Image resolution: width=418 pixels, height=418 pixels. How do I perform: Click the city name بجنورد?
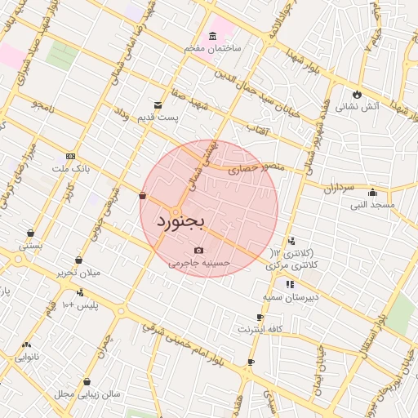tap(193, 220)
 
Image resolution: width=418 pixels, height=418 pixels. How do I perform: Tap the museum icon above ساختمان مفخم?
tap(212, 36)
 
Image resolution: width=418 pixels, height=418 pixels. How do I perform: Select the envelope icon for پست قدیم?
tap(158, 104)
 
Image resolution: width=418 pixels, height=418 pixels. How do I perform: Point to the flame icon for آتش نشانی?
tap(357, 93)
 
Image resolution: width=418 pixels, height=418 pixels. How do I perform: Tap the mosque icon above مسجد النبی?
tap(373, 193)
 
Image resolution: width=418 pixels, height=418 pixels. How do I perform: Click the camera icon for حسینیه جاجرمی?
tap(199, 250)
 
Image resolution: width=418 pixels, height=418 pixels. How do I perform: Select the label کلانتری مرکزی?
tap(290, 266)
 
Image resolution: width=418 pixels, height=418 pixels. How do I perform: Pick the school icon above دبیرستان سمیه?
tap(290, 284)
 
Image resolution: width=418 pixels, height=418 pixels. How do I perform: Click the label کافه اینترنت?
tap(260, 330)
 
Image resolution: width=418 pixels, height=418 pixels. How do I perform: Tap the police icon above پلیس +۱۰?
tap(80, 292)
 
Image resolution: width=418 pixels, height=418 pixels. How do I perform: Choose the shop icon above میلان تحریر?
tap(78, 260)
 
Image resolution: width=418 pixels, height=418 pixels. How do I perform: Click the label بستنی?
tap(30, 244)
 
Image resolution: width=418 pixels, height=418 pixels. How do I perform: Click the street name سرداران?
tap(336, 189)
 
